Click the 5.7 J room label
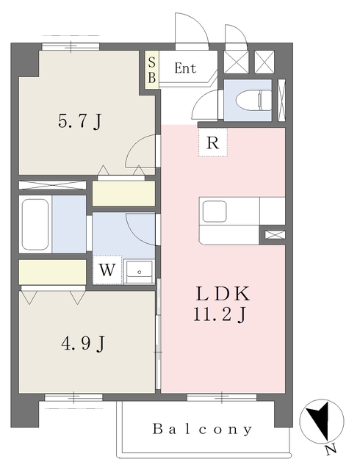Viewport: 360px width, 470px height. [x=80, y=121]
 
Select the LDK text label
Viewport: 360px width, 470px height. [x=223, y=294]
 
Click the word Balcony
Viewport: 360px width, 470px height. [x=203, y=429]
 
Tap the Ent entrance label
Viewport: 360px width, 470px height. [x=185, y=68]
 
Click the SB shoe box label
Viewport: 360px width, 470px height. [x=152, y=70]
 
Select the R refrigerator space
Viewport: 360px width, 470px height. [x=213, y=142]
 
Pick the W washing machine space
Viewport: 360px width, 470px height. [x=107, y=270]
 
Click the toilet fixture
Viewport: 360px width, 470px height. [x=253, y=100]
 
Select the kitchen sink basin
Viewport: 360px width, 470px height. [x=215, y=211]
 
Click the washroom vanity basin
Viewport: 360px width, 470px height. [x=139, y=272]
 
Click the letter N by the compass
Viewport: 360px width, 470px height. [x=331, y=449]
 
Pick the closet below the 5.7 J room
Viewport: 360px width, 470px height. [x=123, y=193]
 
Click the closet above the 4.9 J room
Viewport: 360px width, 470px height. [x=52, y=272]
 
